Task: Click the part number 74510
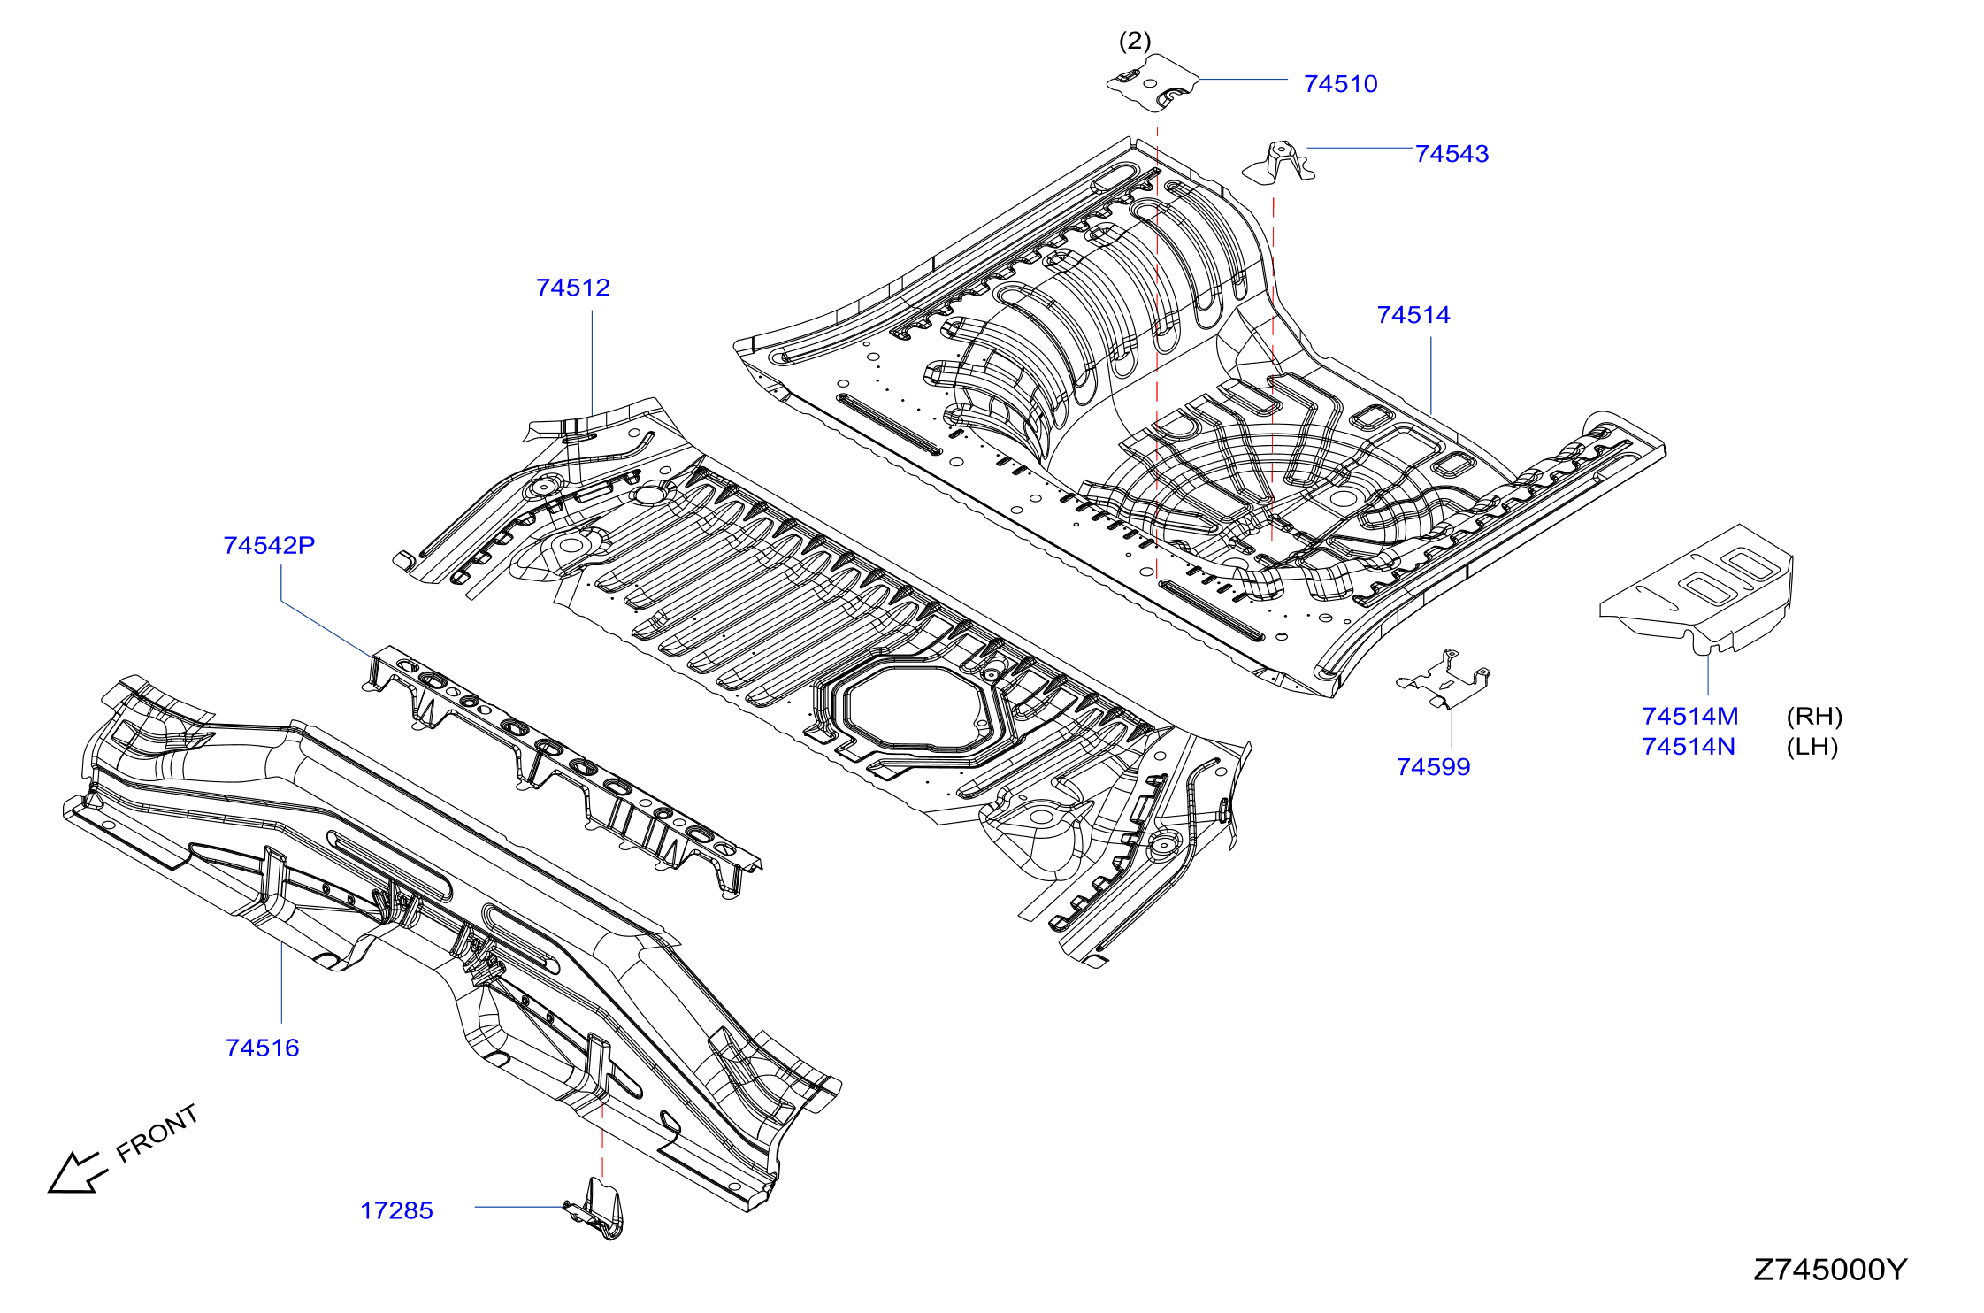click(1340, 84)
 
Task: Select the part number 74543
click(1452, 154)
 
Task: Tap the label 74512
click(573, 288)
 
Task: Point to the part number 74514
click(1413, 315)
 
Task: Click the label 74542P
click(269, 545)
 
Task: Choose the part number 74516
click(263, 1048)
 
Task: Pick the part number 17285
click(396, 1210)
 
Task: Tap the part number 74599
click(1433, 767)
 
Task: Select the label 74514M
click(1690, 716)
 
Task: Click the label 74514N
click(1689, 747)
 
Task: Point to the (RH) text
click(1814, 716)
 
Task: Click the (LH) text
click(1812, 747)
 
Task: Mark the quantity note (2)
click(1135, 41)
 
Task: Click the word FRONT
click(157, 1133)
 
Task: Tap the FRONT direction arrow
click(77, 1172)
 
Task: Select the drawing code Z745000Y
click(1830, 1270)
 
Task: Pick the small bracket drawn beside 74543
click(1279, 163)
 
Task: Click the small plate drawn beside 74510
click(1153, 83)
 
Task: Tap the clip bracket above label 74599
click(1443, 680)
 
